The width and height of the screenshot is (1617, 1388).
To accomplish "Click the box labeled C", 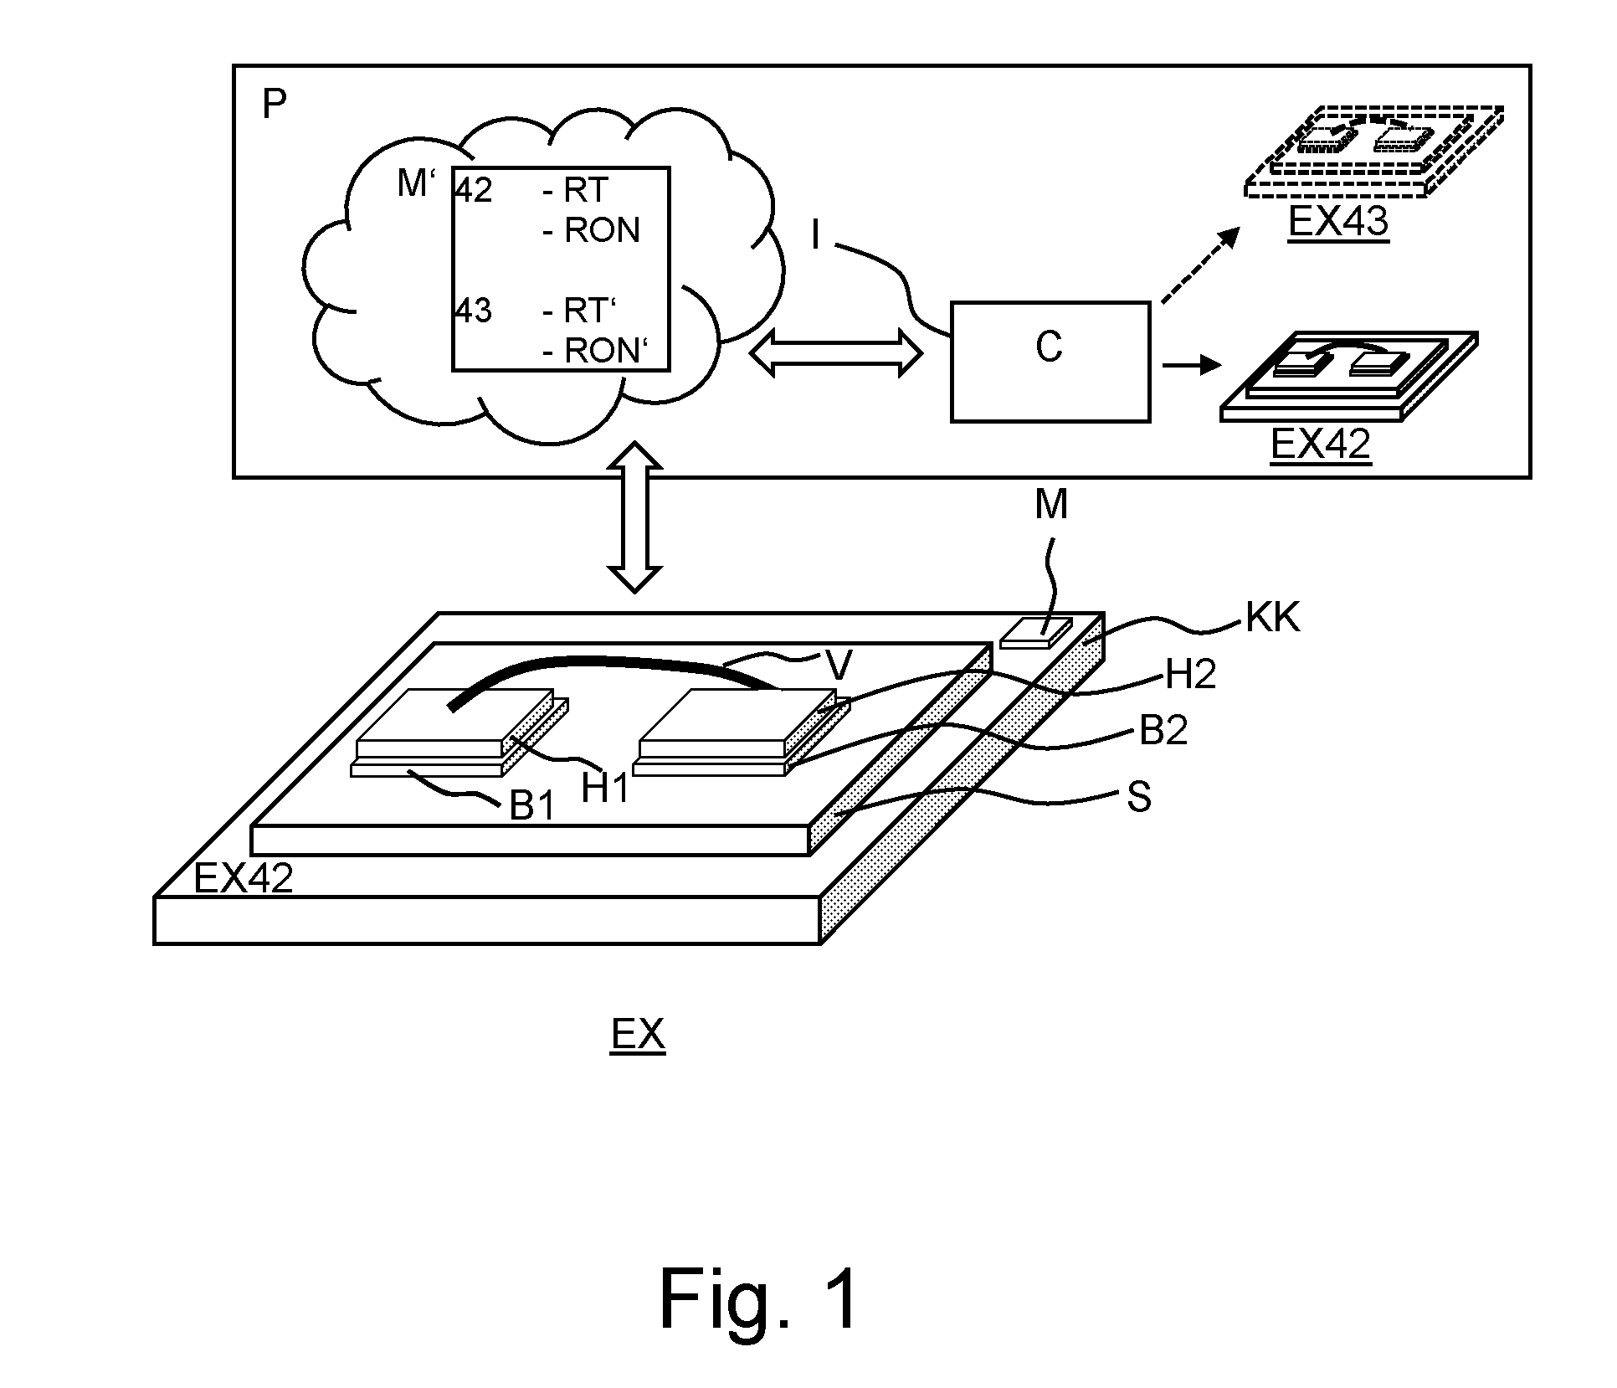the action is pos(1050,361).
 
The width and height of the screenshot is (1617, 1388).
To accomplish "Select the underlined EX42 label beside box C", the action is pos(1321,444).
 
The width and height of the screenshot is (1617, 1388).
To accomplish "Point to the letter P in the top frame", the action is pos(274,105).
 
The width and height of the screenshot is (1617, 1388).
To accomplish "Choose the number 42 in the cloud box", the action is pos(474,191).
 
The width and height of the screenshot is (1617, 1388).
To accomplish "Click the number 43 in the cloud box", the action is pos(474,311).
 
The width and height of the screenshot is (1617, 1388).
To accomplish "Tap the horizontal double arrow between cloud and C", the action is pos(834,352).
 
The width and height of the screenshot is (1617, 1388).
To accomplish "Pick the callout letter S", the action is pos(1139,798).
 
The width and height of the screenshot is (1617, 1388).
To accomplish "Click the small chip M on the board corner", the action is pos(1036,632).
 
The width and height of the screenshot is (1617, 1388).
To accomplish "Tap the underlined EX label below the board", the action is pos(638,1036).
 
